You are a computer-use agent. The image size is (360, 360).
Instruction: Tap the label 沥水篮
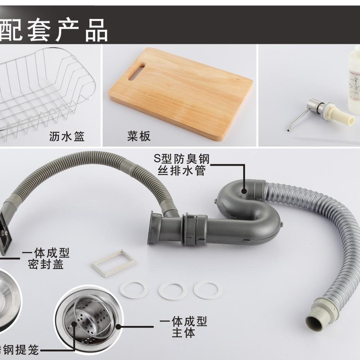point(67,136)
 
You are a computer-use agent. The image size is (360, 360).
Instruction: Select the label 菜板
point(139,136)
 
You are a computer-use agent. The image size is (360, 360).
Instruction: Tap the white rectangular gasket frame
point(114,262)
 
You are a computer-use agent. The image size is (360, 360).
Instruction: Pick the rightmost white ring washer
point(208,289)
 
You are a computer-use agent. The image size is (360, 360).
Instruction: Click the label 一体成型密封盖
point(46,259)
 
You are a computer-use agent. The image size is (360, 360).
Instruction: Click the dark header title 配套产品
point(54,30)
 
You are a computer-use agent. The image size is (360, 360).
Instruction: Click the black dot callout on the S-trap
point(244,190)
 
